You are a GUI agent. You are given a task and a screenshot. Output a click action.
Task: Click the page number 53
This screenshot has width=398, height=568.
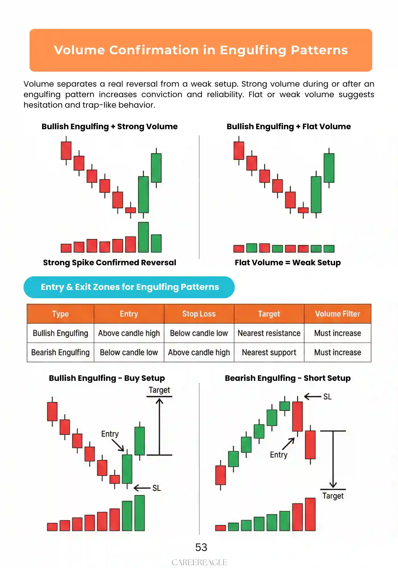pos(201,547)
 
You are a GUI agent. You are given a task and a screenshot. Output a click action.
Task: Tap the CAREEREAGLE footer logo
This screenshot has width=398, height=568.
pos(199,562)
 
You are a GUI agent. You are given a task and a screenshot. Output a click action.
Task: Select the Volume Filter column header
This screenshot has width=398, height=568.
pos(337,314)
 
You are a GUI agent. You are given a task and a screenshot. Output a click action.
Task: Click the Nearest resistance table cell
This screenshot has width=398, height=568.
pos(269,333)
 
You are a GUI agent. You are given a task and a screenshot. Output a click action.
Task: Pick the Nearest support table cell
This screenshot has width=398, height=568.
pos(269,352)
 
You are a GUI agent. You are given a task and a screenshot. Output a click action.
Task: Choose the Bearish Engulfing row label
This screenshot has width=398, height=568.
pos(60,352)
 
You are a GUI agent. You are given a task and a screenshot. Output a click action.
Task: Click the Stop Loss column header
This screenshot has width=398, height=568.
pos(199,314)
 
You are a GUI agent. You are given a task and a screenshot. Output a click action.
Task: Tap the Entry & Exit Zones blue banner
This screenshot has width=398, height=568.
pos(129,287)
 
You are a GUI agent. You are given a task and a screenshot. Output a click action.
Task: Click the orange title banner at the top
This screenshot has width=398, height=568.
pos(201,50)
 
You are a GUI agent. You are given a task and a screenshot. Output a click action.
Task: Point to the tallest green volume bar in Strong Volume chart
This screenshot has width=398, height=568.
pos(143,237)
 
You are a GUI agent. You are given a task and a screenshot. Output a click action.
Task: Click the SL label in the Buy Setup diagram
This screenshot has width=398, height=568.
pos(156,488)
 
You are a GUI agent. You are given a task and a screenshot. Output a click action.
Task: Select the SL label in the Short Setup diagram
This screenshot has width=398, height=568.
pos(327,397)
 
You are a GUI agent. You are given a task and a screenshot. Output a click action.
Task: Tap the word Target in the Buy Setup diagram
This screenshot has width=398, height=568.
pos(159,390)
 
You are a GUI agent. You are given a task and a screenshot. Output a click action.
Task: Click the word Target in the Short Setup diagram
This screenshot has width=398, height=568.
pos(333,496)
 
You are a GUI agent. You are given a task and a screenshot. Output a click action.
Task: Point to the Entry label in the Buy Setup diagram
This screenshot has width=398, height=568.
pos(110,434)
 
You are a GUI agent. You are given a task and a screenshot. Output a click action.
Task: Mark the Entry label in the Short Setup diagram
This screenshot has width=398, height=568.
pos(279,455)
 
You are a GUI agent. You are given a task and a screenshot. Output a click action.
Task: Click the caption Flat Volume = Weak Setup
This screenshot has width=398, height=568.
pos(288,262)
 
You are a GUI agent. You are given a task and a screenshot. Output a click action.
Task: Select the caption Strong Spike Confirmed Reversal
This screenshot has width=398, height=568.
pos(109,262)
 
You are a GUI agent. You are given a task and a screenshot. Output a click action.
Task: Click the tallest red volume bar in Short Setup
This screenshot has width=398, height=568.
pos(310,514)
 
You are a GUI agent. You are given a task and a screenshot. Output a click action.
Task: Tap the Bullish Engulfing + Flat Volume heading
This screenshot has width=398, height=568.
pos(289,126)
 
